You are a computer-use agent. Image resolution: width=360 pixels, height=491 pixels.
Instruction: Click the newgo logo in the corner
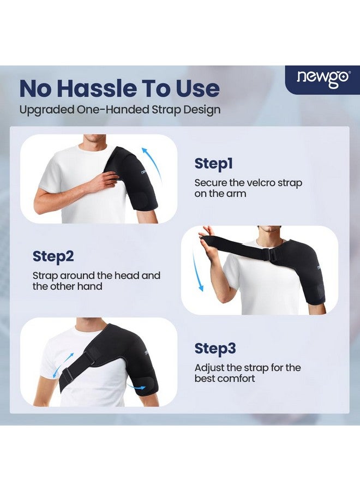point(323,79)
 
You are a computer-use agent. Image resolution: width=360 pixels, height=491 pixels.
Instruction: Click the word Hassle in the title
point(113,88)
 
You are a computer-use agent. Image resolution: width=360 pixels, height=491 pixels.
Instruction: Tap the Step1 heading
point(213,163)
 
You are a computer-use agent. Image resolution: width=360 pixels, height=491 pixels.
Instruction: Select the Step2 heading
point(53,256)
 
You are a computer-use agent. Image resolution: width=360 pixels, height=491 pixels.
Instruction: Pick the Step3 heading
point(215,348)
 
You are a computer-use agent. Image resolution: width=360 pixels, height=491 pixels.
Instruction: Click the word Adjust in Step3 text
point(209,368)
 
